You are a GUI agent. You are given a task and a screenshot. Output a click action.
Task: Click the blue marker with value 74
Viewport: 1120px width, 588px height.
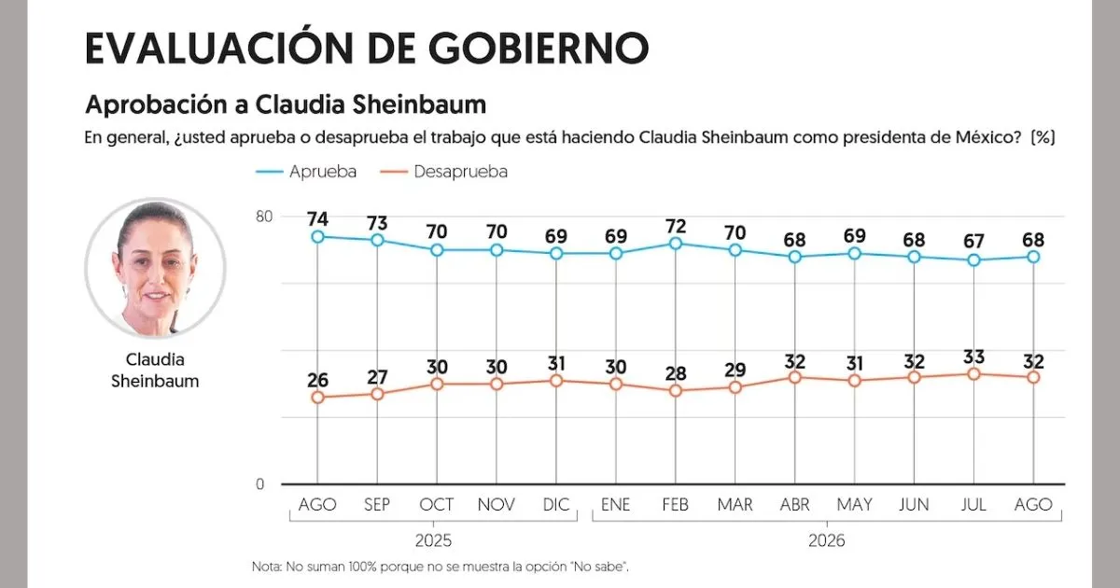[317, 236]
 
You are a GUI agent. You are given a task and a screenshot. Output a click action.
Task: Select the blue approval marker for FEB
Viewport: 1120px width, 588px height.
[676, 244]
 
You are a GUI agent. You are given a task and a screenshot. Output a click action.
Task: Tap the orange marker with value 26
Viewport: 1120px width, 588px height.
[317, 398]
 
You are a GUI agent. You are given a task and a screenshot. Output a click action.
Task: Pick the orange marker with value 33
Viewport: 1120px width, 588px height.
[973, 374]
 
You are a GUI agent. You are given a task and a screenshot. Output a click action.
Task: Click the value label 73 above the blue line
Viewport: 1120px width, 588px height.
[377, 223]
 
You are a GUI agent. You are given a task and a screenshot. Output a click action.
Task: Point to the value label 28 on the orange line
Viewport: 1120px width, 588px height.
[676, 373]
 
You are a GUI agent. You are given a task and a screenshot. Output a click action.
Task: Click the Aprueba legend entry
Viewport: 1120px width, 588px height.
[306, 172]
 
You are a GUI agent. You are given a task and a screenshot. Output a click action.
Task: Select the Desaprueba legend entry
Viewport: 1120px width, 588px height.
[444, 172]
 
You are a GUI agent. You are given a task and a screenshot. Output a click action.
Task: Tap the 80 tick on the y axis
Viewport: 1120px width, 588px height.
[264, 217]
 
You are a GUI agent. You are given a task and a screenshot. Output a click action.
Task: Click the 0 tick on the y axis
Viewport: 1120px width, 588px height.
[260, 484]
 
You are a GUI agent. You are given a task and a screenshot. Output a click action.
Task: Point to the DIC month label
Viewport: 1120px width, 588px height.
[556, 505]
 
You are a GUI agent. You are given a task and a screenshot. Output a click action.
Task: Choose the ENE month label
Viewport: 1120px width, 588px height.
[615, 505]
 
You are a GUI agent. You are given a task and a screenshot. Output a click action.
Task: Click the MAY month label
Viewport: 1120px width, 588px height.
[855, 505]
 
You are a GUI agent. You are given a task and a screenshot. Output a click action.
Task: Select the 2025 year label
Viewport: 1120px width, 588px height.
[433, 540]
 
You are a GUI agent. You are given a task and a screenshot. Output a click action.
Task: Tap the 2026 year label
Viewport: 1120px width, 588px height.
[827, 540]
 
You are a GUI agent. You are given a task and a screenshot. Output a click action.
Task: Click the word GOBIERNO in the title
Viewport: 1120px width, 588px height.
[539, 49]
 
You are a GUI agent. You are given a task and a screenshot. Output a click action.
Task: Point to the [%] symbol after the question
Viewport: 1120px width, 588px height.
[1043, 137]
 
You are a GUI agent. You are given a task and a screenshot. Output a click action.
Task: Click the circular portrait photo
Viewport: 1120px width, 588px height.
[156, 268]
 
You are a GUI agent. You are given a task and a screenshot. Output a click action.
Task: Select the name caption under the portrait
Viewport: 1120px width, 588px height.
[155, 370]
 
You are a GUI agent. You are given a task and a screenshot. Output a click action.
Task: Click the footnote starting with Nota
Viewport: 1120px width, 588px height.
[440, 567]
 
